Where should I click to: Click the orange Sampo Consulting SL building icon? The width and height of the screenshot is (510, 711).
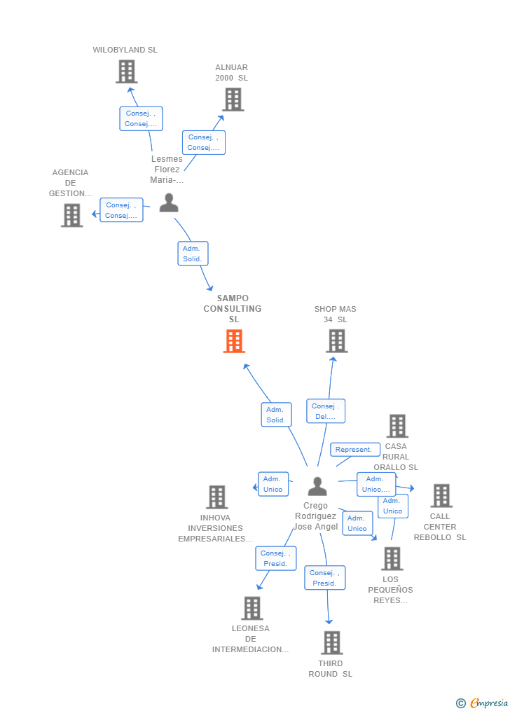coord(234,341)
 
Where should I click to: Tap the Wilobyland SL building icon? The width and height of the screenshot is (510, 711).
coord(126,71)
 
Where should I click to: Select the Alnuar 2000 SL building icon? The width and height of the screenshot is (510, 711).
coord(233,99)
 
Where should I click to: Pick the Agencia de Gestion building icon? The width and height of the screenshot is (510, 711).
coord(71,215)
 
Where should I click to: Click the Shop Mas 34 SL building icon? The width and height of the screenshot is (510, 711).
coord(336,341)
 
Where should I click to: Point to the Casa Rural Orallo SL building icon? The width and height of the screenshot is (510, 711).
coord(397,426)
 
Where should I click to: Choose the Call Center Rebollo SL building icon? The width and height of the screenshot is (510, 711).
coord(441,496)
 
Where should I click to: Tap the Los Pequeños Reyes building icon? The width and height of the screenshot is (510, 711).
coord(392,558)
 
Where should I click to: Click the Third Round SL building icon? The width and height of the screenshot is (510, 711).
coord(331,642)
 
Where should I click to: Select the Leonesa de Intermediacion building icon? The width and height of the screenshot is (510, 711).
coord(252,608)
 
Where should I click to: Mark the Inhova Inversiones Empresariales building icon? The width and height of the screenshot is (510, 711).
coord(217,497)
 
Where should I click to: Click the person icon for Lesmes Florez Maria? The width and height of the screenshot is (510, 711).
coord(169,203)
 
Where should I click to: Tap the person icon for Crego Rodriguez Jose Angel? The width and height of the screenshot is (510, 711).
coord(317,486)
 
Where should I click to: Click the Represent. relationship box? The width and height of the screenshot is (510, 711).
coord(354,450)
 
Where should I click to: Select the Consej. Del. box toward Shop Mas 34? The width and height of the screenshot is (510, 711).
coord(326,411)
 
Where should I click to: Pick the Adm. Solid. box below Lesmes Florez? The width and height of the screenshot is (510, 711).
coord(193,254)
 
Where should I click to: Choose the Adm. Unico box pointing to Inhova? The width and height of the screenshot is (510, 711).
coord(273,484)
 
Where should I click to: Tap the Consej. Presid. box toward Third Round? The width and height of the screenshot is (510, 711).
coord(325,578)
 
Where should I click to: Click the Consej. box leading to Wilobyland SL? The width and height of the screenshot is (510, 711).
coord(141,118)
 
